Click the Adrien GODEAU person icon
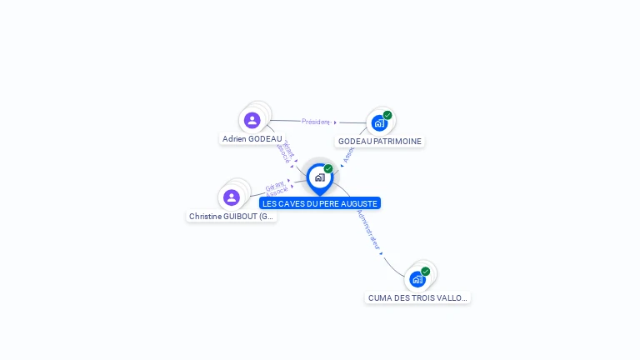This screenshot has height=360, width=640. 252,120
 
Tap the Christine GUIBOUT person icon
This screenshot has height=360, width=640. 232,197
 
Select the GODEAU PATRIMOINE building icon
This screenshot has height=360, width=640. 379,122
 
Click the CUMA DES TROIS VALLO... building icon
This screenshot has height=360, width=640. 417,278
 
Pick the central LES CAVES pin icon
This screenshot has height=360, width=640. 319,177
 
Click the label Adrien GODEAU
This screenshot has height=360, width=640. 252,139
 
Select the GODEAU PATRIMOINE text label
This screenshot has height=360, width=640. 380,142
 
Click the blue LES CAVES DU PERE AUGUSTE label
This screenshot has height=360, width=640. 320,203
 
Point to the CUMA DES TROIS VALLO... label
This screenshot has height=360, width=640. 418,297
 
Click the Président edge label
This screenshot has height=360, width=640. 316,122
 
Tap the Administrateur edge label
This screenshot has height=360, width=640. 368,228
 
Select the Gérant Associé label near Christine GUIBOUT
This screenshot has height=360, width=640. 277,189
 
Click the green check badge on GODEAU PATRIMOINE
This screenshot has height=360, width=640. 387,115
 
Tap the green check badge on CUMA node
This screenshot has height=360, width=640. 425,271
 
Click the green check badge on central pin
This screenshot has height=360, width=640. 328,168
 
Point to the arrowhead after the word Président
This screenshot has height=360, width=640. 335,122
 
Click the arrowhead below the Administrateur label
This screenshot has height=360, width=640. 381,252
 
